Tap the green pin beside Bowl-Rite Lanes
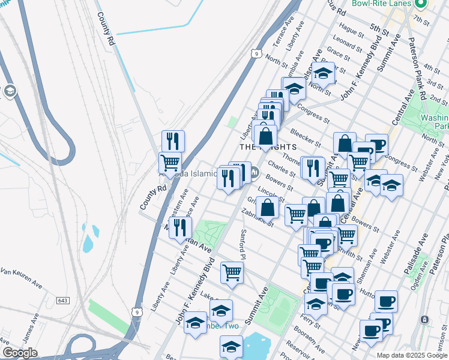[x=421, y=4]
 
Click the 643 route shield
[x=64, y=299]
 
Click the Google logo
[x=20, y=353]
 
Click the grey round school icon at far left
[x=10, y=91]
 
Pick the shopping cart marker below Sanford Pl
[x=232, y=272]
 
